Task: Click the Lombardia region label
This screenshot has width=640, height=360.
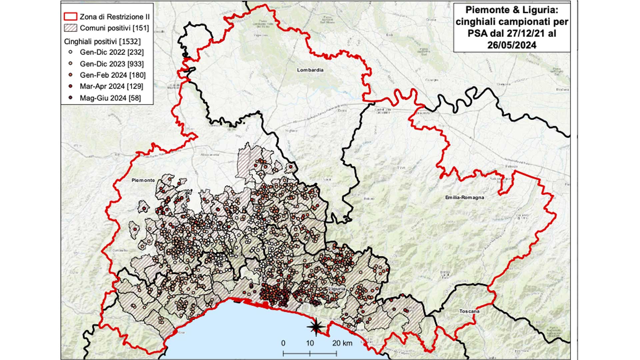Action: tap(310, 70)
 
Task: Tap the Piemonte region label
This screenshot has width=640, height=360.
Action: tap(143, 180)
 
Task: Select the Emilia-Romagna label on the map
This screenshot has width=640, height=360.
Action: tap(464, 197)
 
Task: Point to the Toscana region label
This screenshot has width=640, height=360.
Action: tap(469, 311)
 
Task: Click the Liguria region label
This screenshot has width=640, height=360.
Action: tap(337, 289)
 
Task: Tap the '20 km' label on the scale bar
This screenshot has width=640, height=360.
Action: tap(342, 343)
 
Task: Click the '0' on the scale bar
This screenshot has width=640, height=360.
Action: tap(283, 343)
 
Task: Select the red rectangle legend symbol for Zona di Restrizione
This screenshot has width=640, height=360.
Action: tap(70, 17)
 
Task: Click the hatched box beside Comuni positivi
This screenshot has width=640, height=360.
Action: tap(70, 28)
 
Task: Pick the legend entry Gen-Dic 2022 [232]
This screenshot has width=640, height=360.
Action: tap(111, 52)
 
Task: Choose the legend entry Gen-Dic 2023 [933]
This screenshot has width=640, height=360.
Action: tap(111, 64)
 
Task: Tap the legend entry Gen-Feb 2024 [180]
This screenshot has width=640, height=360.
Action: tap(112, 75)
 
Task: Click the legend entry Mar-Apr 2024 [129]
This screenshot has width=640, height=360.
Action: tap(111, 86)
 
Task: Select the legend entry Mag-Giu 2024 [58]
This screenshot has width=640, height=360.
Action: tap(110, 98)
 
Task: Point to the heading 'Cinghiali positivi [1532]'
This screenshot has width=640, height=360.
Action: tap(102, 42)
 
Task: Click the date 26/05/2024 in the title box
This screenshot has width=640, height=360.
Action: tap(512, 45)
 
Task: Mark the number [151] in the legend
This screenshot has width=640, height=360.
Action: tap(141, 28)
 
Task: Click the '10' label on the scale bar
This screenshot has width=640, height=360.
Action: tap(310, 343)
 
